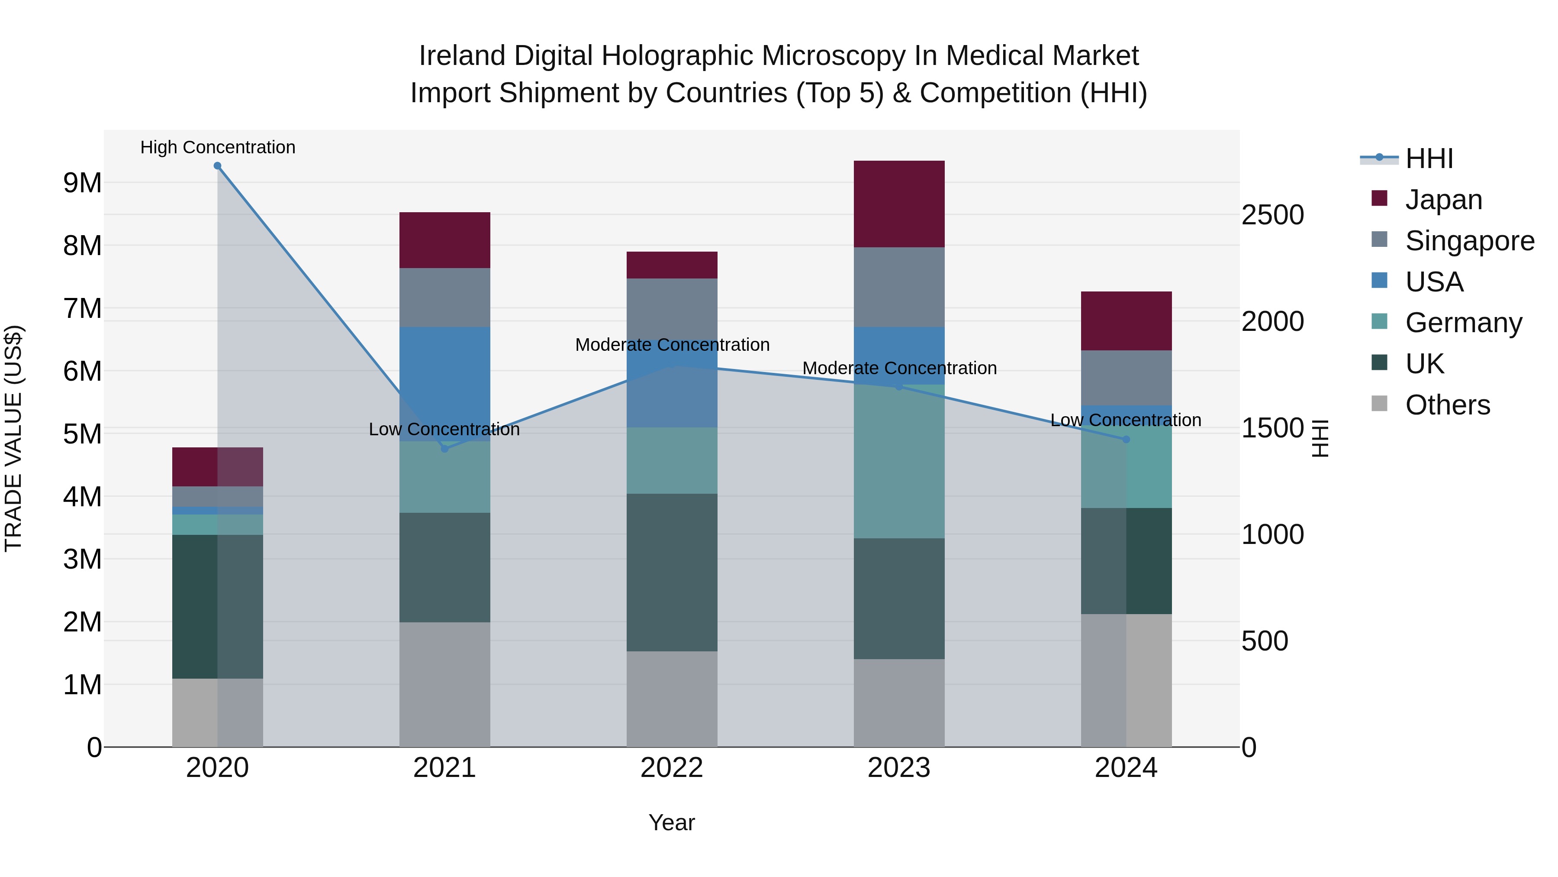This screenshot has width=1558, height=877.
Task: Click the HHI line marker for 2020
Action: pyautogui.click(x=217, y=166)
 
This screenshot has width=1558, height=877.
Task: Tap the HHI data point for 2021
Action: pyautogui.click(x=444, y=449)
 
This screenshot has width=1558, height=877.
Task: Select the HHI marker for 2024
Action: pyautogui.click(x=1126, y=440)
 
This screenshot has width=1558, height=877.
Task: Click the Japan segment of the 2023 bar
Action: pyautogui.click(x=899, y=204)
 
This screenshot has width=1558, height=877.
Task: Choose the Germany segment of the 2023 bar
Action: pyautogui.click(x=899, y=461)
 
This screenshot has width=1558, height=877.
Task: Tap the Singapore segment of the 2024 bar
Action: pyautogui.click(x=1126, y=378)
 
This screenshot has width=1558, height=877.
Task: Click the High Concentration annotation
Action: pyautogui.click(x=218, y=147)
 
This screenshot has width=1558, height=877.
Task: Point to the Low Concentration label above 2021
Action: pyautogui.click(x=444, y=429)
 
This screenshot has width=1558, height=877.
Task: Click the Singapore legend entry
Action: pyautogui.click(x=1470, y=241)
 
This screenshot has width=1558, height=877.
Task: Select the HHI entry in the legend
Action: pyautogui.click(x=1429, y=159)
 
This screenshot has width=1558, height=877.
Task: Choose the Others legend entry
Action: pyautogui.click(x=1447, y=405)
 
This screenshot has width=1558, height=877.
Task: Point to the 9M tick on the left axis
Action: pyautogui.click(x=82, y=183)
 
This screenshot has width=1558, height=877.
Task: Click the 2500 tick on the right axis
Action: pyautogui.click(x=1272, y=215)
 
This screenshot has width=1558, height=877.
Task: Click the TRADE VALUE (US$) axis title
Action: pyautogui.click(x=13, y=438)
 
